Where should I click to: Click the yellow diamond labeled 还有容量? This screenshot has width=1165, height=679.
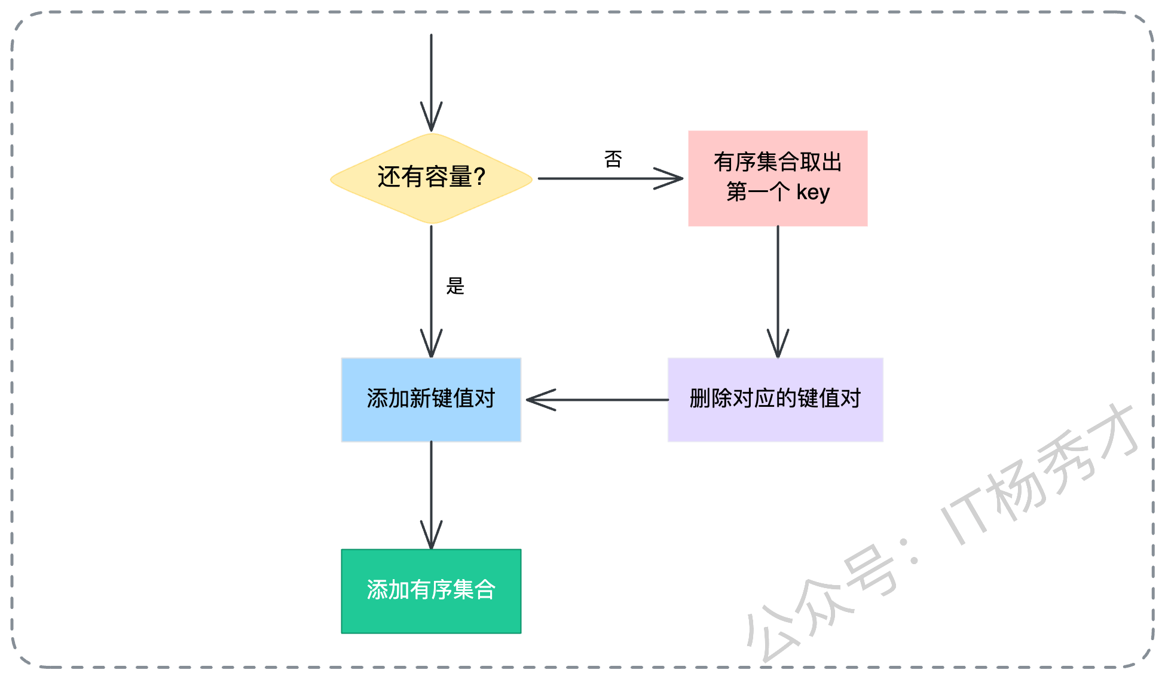pos(431,178)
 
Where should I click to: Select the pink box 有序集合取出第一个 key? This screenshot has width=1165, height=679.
pos(777,178)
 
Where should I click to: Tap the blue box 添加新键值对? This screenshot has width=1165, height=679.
pos(431,400)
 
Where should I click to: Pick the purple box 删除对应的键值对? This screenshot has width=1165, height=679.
pos(775,400)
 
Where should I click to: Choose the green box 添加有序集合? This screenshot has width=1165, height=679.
pos(431,591)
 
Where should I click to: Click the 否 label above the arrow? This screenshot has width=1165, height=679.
pos(613,159)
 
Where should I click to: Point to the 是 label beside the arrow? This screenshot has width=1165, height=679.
pos(455,286)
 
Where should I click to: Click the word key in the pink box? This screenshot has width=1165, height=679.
pos(813,193)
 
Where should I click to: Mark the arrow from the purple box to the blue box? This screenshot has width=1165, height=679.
pos(598,400)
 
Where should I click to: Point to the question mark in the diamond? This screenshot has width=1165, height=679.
pos(479,177)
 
